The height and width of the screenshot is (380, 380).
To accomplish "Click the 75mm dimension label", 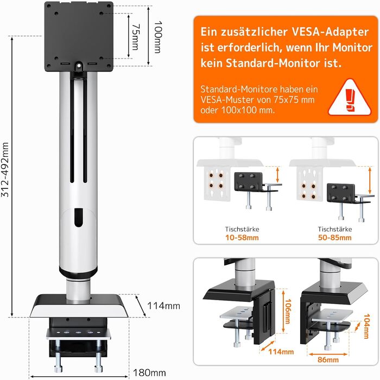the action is click(x=136, y=37).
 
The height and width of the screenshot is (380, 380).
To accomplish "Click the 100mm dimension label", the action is click(x=158, y=37).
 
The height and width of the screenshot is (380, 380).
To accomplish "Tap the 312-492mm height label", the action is click(x=5, y=169).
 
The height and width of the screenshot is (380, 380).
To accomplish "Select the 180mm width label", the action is click(x=149, y=372).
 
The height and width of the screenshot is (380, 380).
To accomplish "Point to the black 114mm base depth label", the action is click(x=164, y=306).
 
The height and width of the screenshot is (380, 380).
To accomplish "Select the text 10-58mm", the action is click(x=242, y=238).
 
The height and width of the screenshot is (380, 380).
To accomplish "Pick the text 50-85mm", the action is click(x=335, y=238).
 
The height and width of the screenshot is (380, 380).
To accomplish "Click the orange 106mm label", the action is click(x=288, y=311).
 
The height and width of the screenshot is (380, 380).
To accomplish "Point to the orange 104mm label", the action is click(x=366, y=326).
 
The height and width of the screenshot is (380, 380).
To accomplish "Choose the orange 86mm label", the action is click(x=328, y=359).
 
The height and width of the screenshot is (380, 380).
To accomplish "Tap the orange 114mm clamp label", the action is click(x=281, y=352).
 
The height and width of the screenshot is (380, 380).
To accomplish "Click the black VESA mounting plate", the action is click(x=79, y=36).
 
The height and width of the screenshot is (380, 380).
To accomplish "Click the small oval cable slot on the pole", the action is click(x=78, y=217).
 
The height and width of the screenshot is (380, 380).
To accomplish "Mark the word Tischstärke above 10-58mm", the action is click(x=242, y=229).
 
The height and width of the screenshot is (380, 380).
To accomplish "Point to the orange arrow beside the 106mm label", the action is click(x=283, y=312).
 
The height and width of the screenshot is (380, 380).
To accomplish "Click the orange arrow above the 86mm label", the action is click(x=328, y=354).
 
